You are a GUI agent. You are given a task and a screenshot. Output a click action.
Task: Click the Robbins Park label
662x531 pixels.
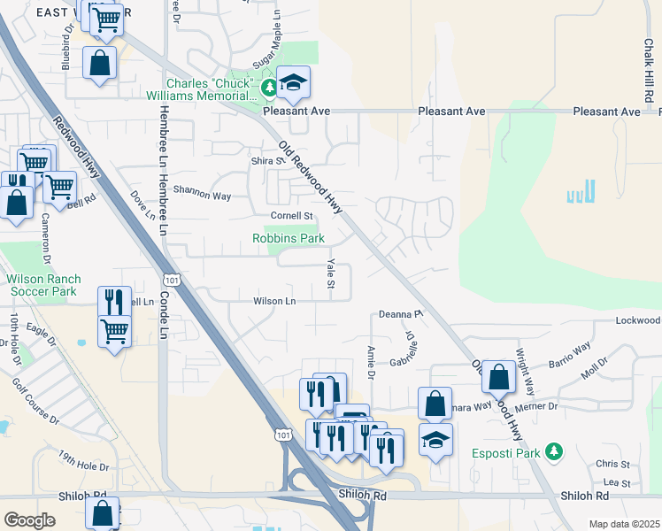click(x=289, y=238)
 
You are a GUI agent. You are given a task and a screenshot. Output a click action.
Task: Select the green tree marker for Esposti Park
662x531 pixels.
click(x=554, y=451)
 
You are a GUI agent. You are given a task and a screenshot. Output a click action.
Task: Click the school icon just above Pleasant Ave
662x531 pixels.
click(x=293, y=84)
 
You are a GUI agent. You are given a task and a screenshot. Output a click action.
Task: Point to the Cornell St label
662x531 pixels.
click(x=292, y=216)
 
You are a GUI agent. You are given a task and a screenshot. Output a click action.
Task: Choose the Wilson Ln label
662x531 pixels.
click(x=274, y=301)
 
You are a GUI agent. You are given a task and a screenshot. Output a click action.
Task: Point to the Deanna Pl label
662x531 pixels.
click(x=401, y=313)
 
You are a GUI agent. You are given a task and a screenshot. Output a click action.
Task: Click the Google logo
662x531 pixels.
click(x=29, y=520)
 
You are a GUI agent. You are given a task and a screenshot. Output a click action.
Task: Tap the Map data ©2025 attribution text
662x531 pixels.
click(x=624, y=524)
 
